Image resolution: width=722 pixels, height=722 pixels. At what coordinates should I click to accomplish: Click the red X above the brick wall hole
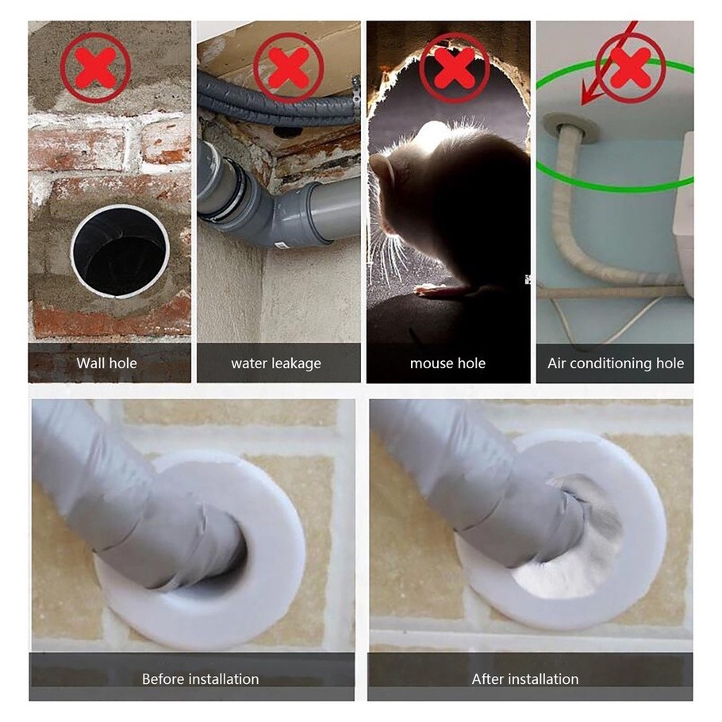point(95,67)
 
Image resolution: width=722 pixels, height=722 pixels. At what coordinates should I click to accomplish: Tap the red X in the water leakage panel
point(288,67)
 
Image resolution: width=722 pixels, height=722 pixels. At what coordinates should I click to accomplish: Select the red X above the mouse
point(455,67)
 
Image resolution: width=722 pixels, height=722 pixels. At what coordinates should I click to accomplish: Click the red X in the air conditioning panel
point(631,67)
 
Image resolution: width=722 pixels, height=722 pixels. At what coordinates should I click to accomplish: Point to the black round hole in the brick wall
point(120,252)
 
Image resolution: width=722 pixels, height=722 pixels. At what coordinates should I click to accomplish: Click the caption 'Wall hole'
point(107,363)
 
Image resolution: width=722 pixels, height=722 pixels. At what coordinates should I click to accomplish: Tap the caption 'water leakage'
point(276,363)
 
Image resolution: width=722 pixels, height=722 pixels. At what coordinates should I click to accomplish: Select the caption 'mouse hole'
point(447,363)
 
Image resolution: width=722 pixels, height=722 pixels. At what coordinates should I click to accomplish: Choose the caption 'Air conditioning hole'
point(616,363)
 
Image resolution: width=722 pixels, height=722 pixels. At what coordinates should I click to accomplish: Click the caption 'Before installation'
point(200,678)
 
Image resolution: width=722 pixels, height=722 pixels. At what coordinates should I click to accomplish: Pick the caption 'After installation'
point(525,678)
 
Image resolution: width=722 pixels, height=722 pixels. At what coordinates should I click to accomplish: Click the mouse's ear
point(386,168)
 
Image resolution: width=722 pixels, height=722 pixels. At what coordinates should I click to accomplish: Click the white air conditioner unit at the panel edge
point(683,214)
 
